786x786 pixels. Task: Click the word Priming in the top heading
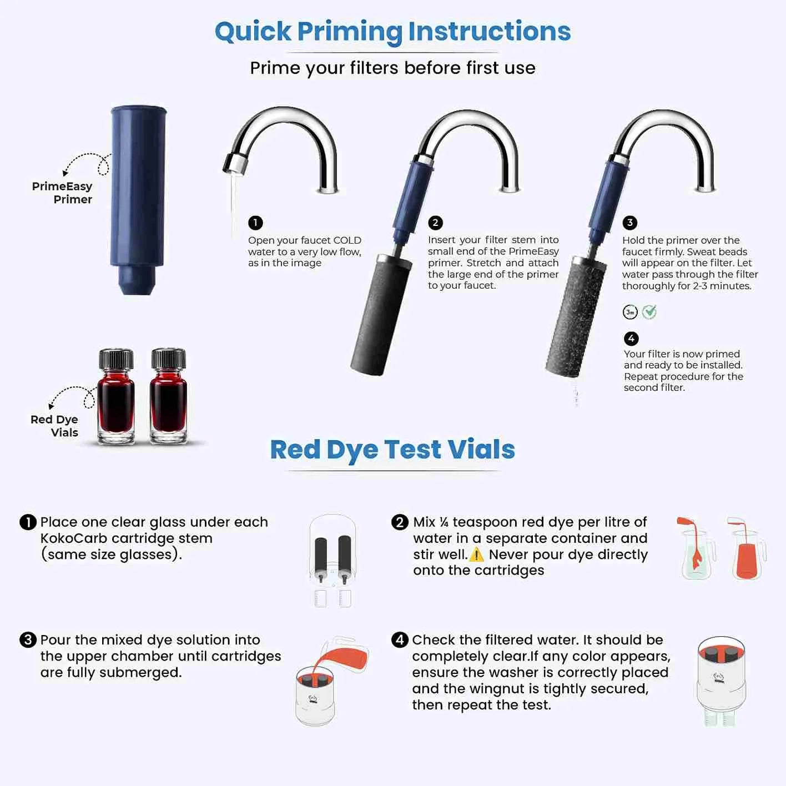[x=350, y=32]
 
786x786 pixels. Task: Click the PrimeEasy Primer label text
[x=62, y=193]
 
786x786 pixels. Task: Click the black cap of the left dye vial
[x=116, y=359]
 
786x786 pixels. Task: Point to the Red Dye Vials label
[x=54, y=426]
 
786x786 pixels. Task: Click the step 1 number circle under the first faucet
[x=255, y=223]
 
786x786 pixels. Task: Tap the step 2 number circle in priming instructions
[x=435, y=223]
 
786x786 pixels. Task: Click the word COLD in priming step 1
[x=347, y=240]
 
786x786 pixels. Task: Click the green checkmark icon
[x=649, y=312]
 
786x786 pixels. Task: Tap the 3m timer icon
[x=630, y=312]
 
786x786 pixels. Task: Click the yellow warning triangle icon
[x=476, y=555]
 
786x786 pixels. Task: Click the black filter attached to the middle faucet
[x=381, y=314]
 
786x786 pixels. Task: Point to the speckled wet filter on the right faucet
[x=574, y=316]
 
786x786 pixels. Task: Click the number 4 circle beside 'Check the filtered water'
[x=400, y=640]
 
